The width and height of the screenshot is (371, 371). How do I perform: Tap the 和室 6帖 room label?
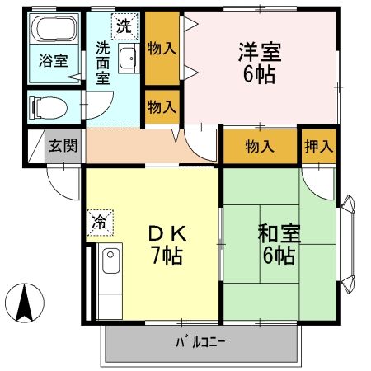point(279,244)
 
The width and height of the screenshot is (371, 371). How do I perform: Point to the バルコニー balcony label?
point(200,341)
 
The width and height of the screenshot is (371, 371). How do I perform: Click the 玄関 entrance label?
point(63,146)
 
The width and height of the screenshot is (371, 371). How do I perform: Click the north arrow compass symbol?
point(26,301)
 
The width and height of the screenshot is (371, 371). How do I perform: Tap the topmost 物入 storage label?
point(162,48)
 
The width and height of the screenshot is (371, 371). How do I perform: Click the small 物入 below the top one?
point(162,106)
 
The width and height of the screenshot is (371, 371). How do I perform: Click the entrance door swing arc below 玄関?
point(59,175)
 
